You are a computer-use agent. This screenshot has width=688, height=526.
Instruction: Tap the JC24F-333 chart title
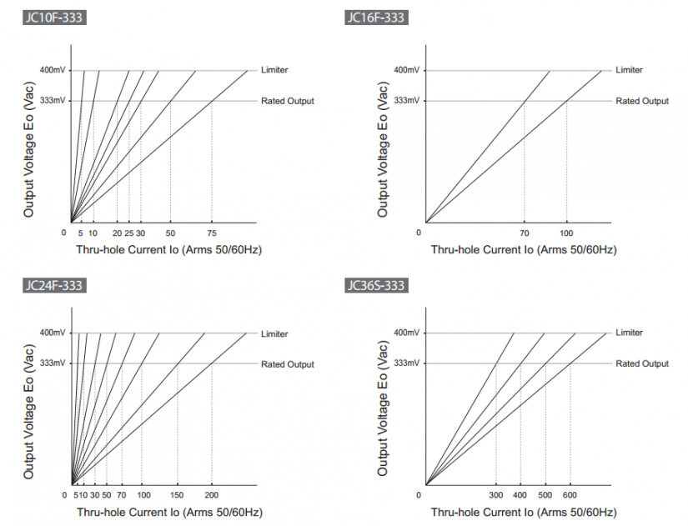click(x=54, y=286)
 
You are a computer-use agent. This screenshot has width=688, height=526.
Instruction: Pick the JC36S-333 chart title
click(x=375, y=286)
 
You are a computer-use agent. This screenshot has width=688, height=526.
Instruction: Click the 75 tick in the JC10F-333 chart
click(x=212, y=233)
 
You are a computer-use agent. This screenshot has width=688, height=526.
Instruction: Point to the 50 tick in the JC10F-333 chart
click(x=170, y=233)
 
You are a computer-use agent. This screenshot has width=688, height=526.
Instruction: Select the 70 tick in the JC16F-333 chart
click(x=525, y=233)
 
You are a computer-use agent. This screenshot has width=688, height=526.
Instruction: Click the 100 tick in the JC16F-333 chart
click(x=567, y=233)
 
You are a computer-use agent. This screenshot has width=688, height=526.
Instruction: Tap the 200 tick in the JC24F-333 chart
click(x=211, y=495)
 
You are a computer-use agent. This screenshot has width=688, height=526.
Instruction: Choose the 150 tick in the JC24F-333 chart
click(x=177, y=495)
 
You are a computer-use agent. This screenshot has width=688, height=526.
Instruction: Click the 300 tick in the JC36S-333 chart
click(x=496, y=495)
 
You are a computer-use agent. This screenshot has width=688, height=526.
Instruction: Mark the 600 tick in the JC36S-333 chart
click(x=570, y=495)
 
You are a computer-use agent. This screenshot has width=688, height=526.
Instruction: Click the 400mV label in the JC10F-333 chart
click(x=51, y=70)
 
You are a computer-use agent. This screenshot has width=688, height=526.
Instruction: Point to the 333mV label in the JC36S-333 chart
click(x=405, y=363)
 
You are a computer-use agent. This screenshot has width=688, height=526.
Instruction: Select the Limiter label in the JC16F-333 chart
click(x=629, y=70)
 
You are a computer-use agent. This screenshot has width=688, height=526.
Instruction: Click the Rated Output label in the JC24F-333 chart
click(x=288, y=364)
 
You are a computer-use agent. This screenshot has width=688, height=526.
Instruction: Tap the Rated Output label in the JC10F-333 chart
click(x=288, y=101)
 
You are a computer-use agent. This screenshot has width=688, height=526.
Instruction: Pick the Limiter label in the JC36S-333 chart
click(x=629, y=333)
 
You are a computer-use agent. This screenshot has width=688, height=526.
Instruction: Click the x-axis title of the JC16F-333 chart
click(x=524, y=249)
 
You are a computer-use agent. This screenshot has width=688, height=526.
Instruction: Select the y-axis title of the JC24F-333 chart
click(x=29, y=408)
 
